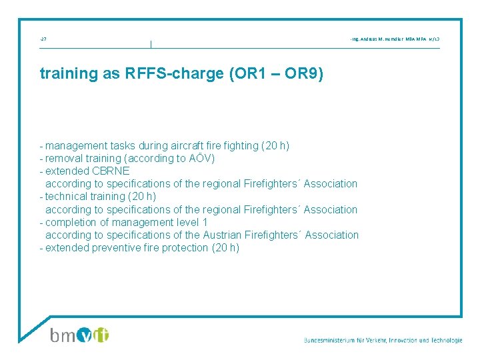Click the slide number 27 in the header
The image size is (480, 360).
(x=43, y=40)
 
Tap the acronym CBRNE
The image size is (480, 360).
(x=110, y=171)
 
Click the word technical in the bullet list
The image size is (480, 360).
(x=67, y=197)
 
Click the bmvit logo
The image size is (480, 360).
(x=80, y=335)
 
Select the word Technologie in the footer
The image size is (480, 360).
(x=444, y=340)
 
